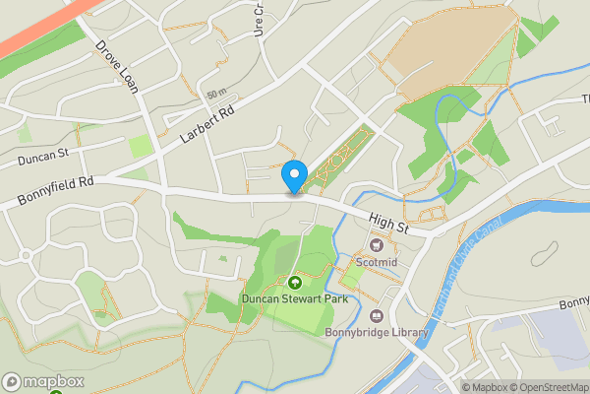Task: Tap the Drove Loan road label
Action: pyautogui.click(x=117, y=66)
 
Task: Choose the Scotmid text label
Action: pyautogui.click(x=377, y=263)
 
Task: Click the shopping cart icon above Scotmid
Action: pyautogui.click(x=377, y=245)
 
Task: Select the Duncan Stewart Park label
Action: pyautogui.click(x=293, y=298)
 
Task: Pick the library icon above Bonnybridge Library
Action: pyautogui.click(x=376, y=315)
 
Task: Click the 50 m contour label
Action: pyautogui.click(x=216, y=94)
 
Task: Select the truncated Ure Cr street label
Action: pyautogui.click(x=259, y=17)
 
